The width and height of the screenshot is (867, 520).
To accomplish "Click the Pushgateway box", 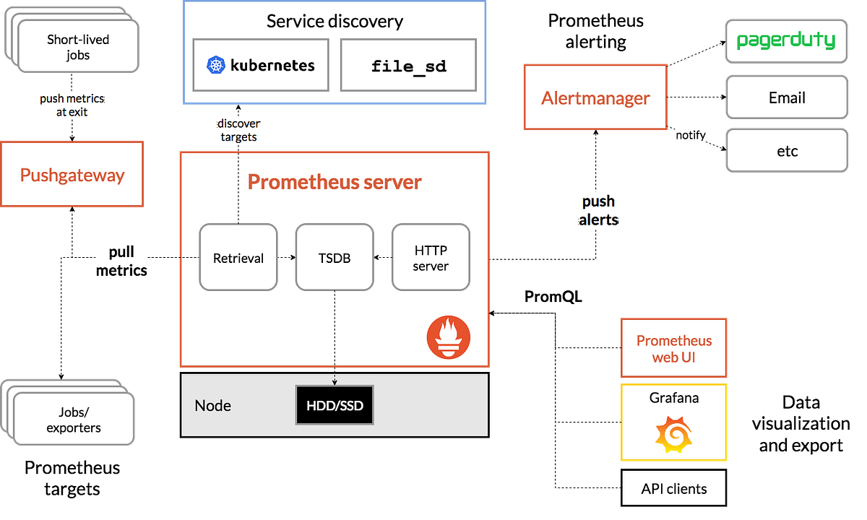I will [x=72, y=175].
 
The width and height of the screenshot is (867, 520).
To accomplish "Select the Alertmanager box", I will [x=595, y=98].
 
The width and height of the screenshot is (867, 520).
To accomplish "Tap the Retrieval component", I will [x=238, y=258].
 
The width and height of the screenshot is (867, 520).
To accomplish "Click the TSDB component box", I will [x=335, y=258].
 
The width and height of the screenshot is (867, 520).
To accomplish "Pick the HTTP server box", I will [x=431, y=258].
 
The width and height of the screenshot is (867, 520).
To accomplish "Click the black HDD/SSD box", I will [x=335, y=405].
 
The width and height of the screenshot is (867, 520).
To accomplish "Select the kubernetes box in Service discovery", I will [x=262, y=65].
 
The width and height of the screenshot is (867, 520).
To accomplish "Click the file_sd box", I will [x=408, y=65].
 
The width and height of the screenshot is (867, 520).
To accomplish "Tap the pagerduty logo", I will [x=786, y=40].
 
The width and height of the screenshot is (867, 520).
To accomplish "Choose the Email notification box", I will [x=786, y=98].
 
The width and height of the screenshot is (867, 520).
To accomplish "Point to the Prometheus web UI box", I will [x=674, y=348].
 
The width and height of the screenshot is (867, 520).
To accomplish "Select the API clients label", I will [x=674, y=489].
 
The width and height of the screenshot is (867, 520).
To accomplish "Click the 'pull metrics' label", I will [x=121, y=261].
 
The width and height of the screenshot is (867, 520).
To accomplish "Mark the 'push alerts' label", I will [x=599, y=210].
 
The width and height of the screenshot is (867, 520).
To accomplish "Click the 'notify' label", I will [x=690, y=135].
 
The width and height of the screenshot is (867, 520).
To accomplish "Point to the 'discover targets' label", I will [x=238, y=130].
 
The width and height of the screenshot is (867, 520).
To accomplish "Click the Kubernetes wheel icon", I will [x=216, y=65].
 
